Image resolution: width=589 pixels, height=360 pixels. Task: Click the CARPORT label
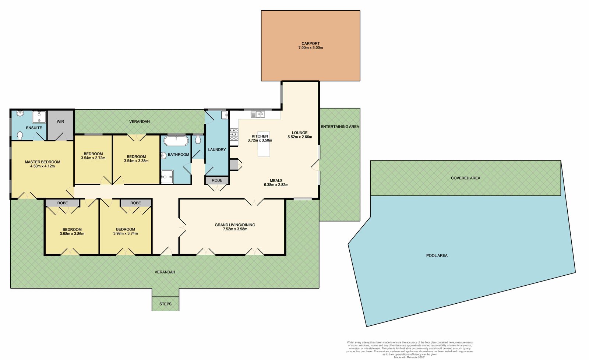pyautogui.click(x=311, y=43)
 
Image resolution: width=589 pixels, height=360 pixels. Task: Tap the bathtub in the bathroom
pyautogui.click(x=176, y=141)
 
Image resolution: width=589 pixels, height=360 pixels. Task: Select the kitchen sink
pyautogui.click(x=258, y=114)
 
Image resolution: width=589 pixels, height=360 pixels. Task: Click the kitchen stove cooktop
pyautogui.click(x=234, y=134)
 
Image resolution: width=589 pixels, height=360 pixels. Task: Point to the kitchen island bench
pyautogui.click(x=264, y=144)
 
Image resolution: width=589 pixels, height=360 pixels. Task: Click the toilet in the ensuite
pyautogui.click(x=20, y=135)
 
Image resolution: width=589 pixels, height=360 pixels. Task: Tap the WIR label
pyautogui.click(x=60, y=121)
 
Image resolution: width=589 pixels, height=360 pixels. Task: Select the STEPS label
pyautogui.click(x=165, y=304)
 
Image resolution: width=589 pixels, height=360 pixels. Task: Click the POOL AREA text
pyautogui.click(x=437, y=255)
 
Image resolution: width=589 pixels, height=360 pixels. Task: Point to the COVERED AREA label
pyautogui.click(x=465, y=178)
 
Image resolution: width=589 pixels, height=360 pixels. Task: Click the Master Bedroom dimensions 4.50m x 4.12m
pyautogui.click(x=42, y=166)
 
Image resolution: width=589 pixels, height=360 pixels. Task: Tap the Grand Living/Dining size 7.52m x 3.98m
pyautogui.click(x=235, y=229)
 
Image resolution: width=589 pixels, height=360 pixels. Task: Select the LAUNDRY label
pyautogui.click(x=217, y=149)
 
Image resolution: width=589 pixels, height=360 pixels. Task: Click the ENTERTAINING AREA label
pyautogui.click(x=340, y=127)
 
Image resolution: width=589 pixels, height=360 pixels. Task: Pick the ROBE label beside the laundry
pyautogui.click(x=217, y=180)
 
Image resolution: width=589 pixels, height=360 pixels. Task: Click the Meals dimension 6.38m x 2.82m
pyautogui.click(x=276, y=185)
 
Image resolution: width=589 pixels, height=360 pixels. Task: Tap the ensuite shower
pyautogui.click(x=39, y=117)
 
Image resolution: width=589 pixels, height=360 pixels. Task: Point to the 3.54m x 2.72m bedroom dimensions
pyautogui.click(x=93, y=158)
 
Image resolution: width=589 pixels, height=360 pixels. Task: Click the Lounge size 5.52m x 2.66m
pyautogui.click(x=300, y=137)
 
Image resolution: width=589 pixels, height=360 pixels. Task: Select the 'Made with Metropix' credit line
pyautogui.click(x=410, y=357)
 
